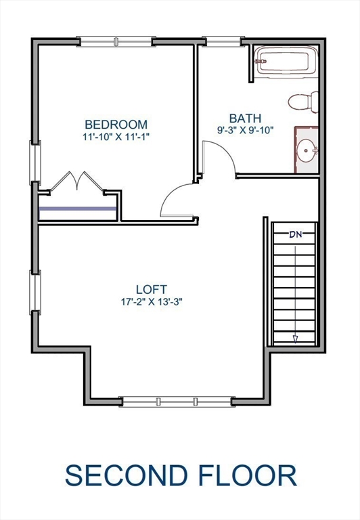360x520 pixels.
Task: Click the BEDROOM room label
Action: (116, 125)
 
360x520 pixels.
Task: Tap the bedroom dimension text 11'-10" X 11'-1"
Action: (116, 136)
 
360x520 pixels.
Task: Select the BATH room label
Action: (244, 118)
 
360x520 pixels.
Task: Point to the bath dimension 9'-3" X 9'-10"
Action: (244, 130)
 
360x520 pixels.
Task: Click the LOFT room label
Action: (150, 289)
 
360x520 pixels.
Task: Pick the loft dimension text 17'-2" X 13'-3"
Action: (150, 301)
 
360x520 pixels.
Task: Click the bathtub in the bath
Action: (283, 60)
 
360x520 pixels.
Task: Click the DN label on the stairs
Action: (295, 235)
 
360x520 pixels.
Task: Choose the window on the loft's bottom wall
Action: (177, 402)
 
